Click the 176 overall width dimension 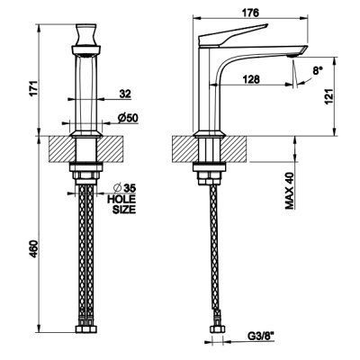click(250, 13)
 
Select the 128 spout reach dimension click(251, 79)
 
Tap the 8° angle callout click(318, 70)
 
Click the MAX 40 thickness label click(289, 191)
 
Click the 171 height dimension click(33, 88)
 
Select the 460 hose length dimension click(33, 248)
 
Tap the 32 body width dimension click(125, 94)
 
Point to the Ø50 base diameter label click(128, 118)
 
